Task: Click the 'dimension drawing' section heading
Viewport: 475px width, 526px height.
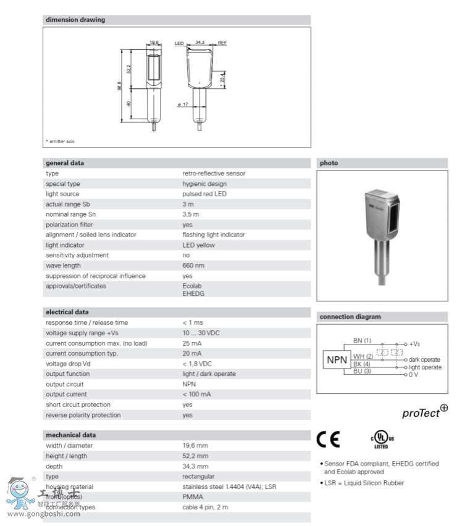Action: coord(75,20)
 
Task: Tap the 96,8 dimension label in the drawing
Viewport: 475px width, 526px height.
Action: coord(120,87)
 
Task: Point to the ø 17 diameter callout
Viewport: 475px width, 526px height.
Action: coord(183,104)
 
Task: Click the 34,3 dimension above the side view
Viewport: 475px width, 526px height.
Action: coord(200,43)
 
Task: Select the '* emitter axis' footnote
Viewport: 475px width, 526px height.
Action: coord(60,141)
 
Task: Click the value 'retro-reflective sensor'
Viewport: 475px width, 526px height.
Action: coord(214,173)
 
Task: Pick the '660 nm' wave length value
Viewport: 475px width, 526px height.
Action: coord(193,265)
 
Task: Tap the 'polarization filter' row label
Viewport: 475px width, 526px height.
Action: coord(69,225)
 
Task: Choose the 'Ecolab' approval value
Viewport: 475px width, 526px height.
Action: coord(191,286)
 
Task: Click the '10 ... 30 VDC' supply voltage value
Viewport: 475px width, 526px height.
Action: coord(201,333)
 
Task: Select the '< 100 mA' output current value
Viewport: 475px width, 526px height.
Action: coord(196,394)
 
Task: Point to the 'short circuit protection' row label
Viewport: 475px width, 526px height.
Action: coord(78,404)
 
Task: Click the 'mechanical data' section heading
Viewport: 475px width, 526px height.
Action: coord(70,435)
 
